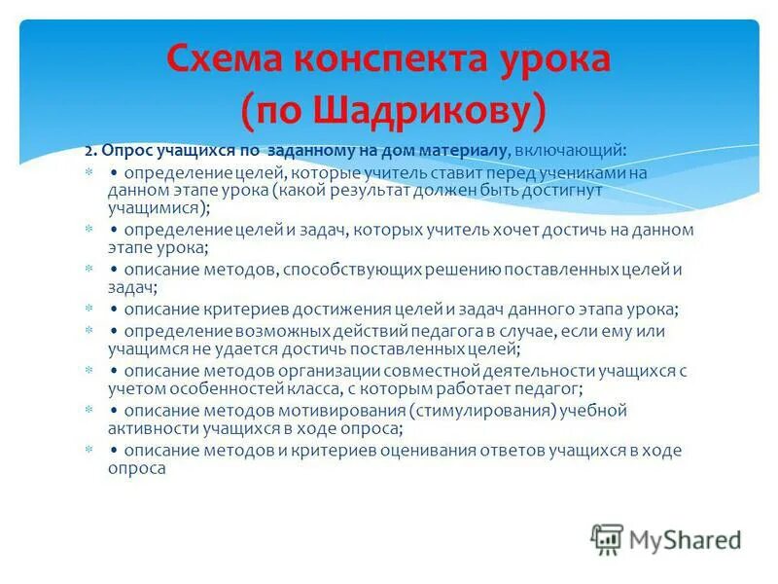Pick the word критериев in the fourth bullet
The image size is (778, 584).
pyautogui.click(x=250, y=310)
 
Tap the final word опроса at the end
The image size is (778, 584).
pyautogui.click(x=136, y=468)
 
